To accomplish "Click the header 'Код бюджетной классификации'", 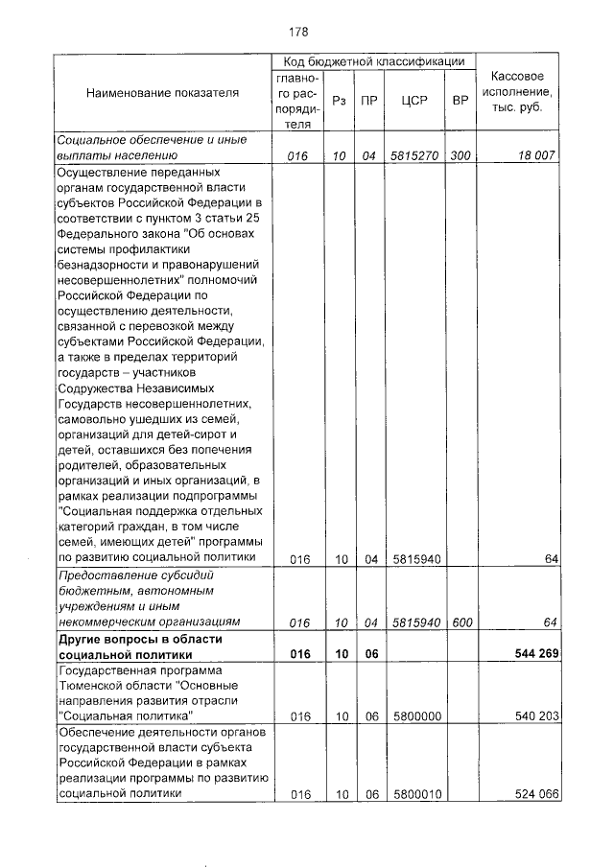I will point(371,60).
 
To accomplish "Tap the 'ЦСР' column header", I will point(413,98).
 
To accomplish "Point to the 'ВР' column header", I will point(460,98).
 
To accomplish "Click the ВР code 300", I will point(460,154).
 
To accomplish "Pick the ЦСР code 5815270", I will point(413,154).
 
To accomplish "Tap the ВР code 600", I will point(460,622).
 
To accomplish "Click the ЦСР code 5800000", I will point(413,716).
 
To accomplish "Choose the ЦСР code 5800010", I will point(413,794).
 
